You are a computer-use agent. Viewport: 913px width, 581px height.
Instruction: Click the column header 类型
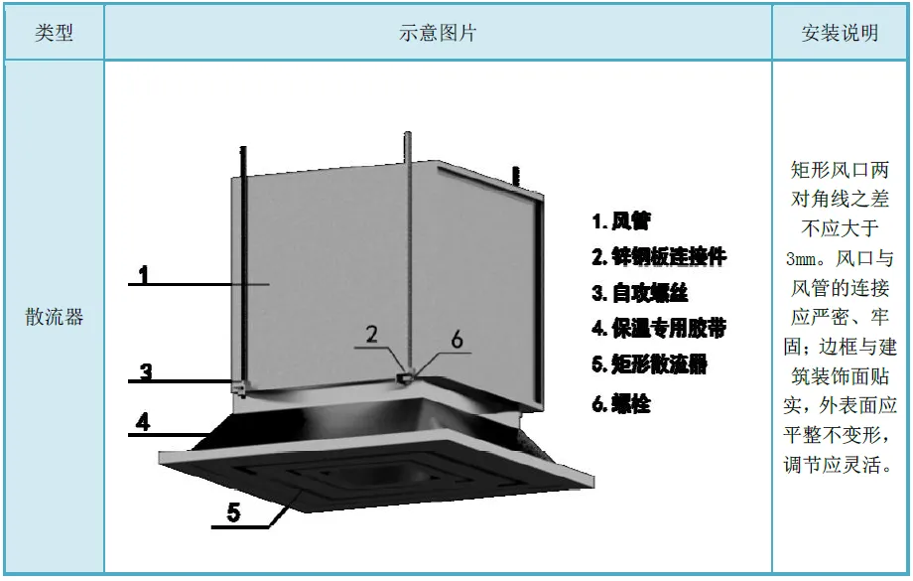click(55, 33)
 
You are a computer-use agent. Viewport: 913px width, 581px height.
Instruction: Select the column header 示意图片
click(438, 33)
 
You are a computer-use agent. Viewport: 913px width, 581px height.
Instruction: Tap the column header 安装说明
click(840, 33)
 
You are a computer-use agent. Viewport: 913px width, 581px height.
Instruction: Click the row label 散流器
click(55, 318)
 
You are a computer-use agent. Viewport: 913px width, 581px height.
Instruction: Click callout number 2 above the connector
click(371, 334)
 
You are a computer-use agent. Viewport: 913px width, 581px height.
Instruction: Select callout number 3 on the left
click(146, 372)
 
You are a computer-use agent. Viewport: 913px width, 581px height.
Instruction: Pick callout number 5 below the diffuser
click(234, 512)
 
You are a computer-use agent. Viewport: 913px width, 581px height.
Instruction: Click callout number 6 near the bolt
click(456, 339)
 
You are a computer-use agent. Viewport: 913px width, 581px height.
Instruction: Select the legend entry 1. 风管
click(620, 220)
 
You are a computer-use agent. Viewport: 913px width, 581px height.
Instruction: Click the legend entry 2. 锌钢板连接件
click(659, 257)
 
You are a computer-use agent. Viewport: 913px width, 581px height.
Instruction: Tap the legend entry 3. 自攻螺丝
click(639, 293)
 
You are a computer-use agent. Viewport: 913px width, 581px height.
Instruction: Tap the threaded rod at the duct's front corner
click(407, 248)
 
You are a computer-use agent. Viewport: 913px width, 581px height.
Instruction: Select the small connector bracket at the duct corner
click(405, 378)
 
